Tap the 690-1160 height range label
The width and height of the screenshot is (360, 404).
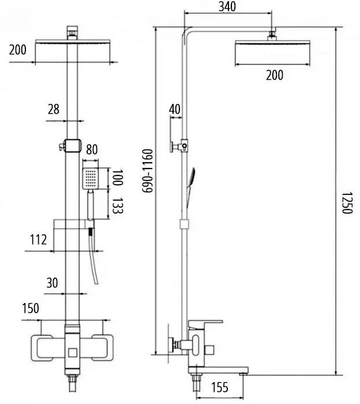point(148,170)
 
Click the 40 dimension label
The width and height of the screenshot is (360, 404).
point(175,109)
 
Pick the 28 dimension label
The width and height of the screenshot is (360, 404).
point(54,109)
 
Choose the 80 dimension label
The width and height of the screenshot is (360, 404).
point(91,149)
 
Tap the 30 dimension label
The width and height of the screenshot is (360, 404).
point(52,283)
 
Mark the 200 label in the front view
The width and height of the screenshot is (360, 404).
point(18,50)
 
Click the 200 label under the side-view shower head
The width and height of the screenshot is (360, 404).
point(274,75)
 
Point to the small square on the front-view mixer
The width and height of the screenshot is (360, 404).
point(73,351)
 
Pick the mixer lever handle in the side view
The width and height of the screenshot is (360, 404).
point(207,322)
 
